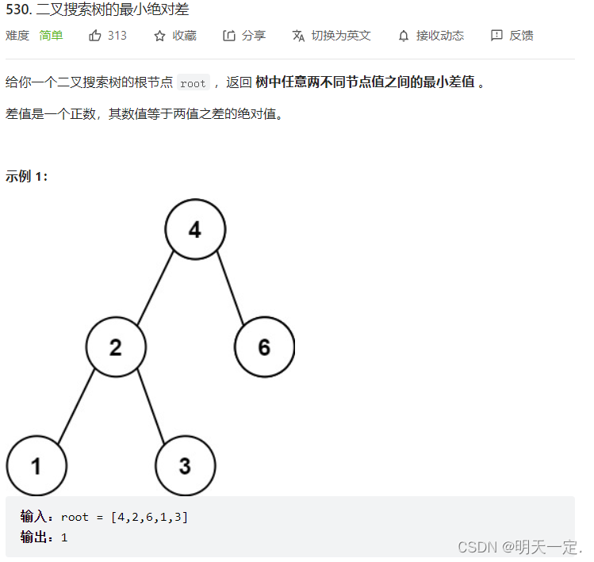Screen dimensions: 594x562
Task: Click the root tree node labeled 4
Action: coord(195,230)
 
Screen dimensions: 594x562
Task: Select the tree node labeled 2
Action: coord(116,347)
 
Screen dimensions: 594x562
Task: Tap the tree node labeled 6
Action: coord(264,346)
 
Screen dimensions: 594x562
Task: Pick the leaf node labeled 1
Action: coord(36,466)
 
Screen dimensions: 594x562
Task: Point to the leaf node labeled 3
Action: coord(185,466)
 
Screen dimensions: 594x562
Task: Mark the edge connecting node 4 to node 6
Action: coord(230,288)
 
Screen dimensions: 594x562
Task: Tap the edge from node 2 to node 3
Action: coord(151,407)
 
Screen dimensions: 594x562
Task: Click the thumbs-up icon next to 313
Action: coord(95,36)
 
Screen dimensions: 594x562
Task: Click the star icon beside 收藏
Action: coord(159,36)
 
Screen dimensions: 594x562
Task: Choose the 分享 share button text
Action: coord(254,36)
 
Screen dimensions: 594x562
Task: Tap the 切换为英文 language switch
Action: coord(340,36)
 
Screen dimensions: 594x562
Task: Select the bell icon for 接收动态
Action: coord(404,36)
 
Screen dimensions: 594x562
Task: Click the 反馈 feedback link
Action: coord(521,36)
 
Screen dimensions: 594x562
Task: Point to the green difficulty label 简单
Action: coord(51,36)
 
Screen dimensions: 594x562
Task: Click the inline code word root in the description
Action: coord(193,83)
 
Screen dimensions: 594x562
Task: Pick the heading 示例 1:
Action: coord(27,176)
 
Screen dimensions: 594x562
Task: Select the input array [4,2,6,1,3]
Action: coord(150,518)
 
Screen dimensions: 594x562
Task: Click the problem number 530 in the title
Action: coord(17,10)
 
